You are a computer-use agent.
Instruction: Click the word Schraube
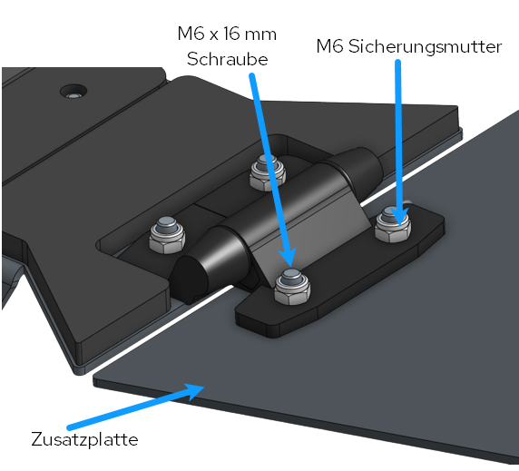click(x=227, y=60)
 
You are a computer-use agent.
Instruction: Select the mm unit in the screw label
click(x=260, y=35)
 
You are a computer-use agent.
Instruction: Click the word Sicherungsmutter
click(x=425, y=46)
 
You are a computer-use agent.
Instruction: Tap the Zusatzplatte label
click(x=84, y=440)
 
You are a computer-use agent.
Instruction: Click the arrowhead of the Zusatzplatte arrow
click(x=194, y=391)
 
